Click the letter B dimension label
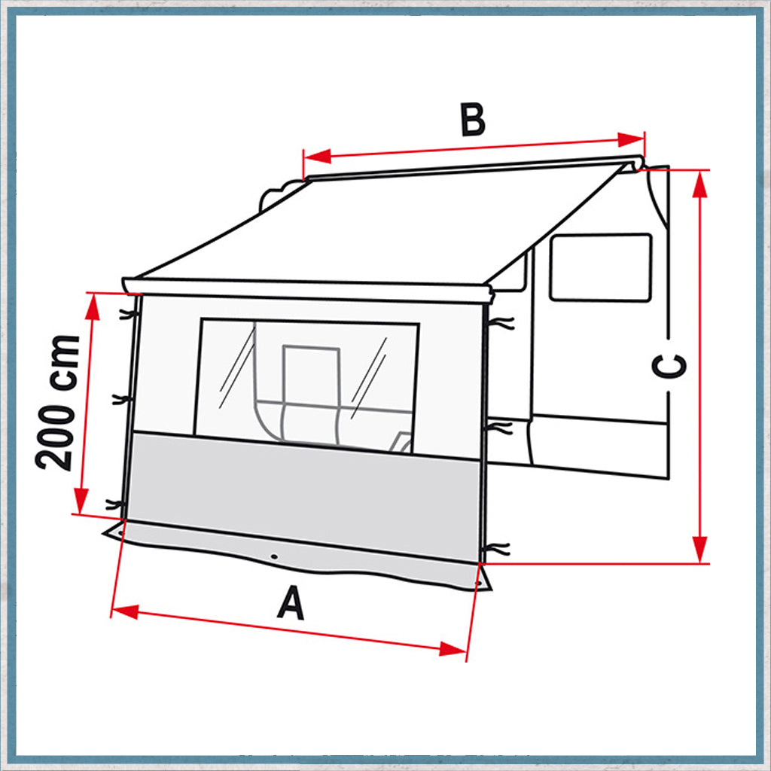click(473, 120)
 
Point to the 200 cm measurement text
click(59, 403)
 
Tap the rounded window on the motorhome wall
click(600, 267)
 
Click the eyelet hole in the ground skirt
click(274, 557)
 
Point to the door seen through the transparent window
click(309, 376)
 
